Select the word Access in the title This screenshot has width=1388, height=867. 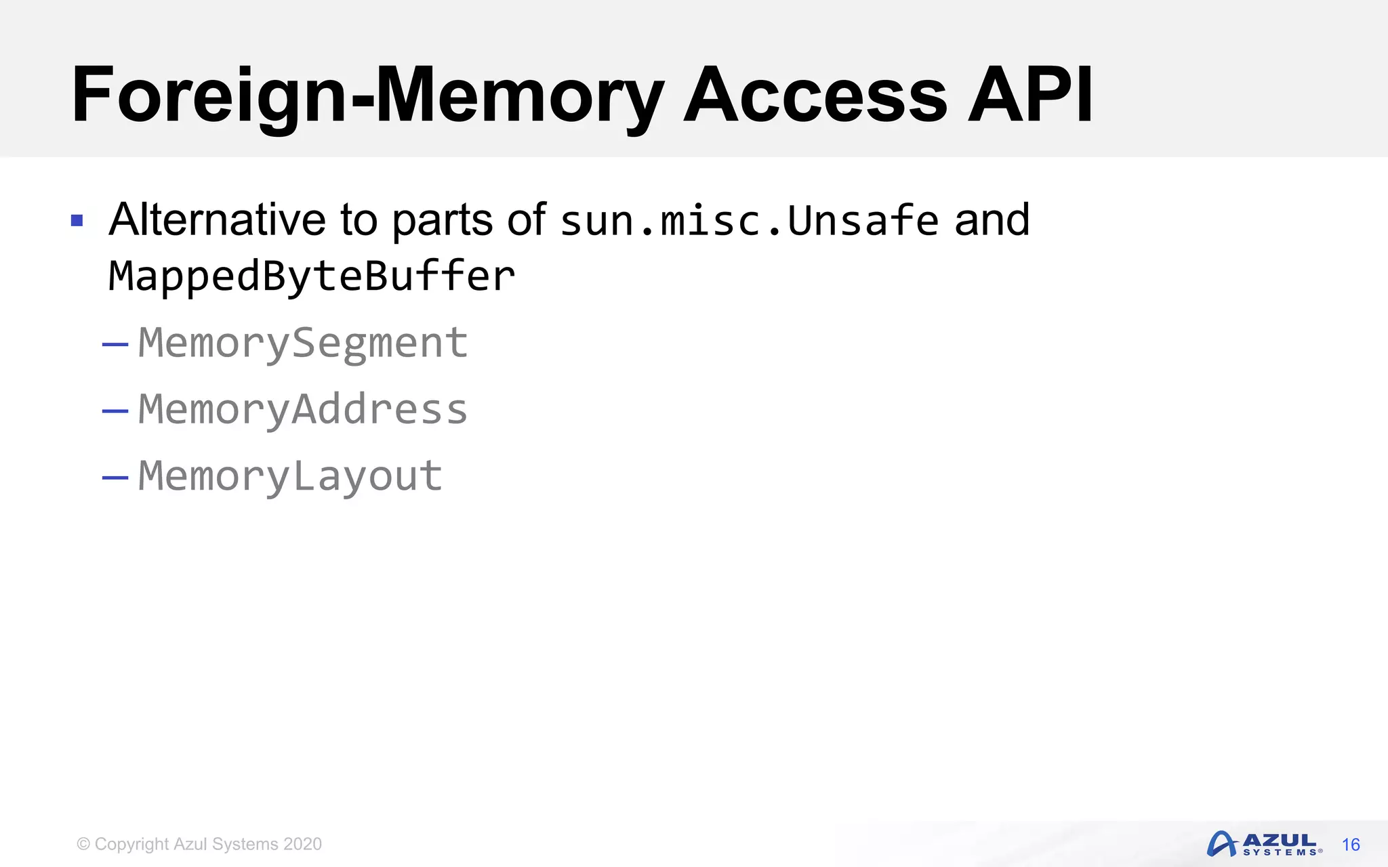(x=815, y=96)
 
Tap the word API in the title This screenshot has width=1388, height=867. (x=1030, y=96)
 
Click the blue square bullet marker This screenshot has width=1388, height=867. (x=77, y=221)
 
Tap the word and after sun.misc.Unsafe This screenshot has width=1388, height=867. (x=992, y=220)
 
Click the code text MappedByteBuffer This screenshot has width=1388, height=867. (x=312, y=277)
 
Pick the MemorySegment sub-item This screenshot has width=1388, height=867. (x=303, y=343)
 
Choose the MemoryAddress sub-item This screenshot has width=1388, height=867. (x=303, y=410)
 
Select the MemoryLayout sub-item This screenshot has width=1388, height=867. (x=290, y=476)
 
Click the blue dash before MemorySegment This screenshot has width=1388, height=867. (x=115, y=345)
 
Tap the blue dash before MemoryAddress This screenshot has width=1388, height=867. (x=115, y=411)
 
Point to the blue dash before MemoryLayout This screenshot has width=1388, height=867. (x=115, y=478)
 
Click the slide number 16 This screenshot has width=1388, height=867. (x=1351, y=845)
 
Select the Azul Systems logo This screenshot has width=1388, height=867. (x=1264, y=844)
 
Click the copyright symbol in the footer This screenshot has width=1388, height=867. (x=83, y=844)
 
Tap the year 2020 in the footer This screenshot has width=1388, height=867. (x=302, y=844)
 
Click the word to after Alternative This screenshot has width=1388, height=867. (x=359, y=220)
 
